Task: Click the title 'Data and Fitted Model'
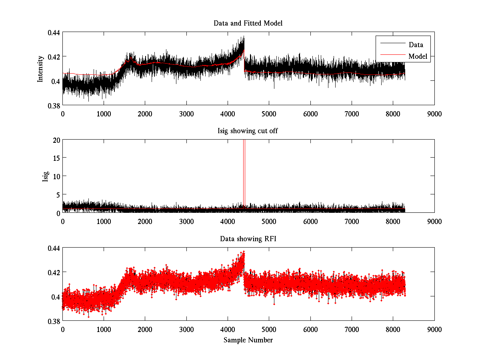[x=248, y=23]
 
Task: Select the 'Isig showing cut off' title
[x=248, y=131]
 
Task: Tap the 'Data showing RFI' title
[x=248, y=239]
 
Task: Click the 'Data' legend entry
[x=416, y=45]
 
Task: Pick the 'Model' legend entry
[x=418, y=56]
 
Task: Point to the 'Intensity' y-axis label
[x=40, y=69]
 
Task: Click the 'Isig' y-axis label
[x=45, y=176]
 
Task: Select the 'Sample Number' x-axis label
[x=248, y=340]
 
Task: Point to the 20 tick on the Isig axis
[x=56, y=140]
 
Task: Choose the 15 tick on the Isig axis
[x=56, y=158]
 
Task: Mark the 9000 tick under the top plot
[x=434, y=114]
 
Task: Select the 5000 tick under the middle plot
[x=269, y=221]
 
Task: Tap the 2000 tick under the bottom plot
[x=145, y=329]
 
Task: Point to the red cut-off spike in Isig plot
[x=244, y=172]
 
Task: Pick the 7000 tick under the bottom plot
[x=351, y=329]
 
